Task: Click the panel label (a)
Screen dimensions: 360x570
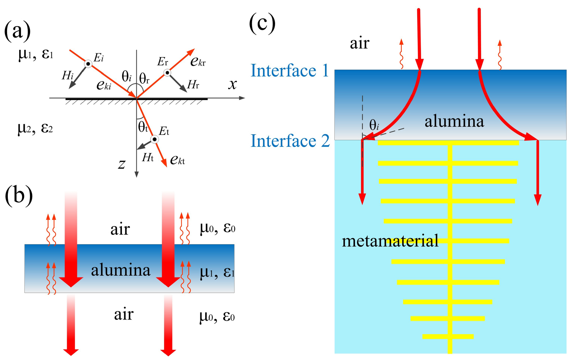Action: (x=17, y=31)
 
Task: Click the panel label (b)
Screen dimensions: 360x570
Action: (x=19, y=195)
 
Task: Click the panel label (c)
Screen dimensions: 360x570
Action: (x=262, y=23)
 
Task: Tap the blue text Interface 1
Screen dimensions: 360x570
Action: (x=290, y=70)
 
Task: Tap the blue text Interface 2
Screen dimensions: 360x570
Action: (x=290, y=141)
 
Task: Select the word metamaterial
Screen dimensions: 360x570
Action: (x=390, y=241)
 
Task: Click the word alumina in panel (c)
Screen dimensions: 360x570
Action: (x=454, y=121)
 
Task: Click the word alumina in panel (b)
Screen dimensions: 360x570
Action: (x=120, y=270)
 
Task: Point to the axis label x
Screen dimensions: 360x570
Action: (x=233, y=84)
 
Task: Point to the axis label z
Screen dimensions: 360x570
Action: (x=122, y=164)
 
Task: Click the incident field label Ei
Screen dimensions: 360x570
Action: (x=99, y=58)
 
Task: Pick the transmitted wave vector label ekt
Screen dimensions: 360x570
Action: (x=177, y=160)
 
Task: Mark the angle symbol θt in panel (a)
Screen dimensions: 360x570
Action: (x=143, y=127)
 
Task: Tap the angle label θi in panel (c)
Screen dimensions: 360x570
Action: (x=374, y=125)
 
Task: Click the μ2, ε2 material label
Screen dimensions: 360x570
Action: (x=35, y=128)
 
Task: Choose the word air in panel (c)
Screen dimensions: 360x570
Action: (x=359, y=43)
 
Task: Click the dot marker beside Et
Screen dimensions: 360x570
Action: (x=154, y=139)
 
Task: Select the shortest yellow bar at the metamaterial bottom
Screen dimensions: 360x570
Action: (x=448, y=336)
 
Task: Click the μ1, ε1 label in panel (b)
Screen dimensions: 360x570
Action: (x=217, y=272)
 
